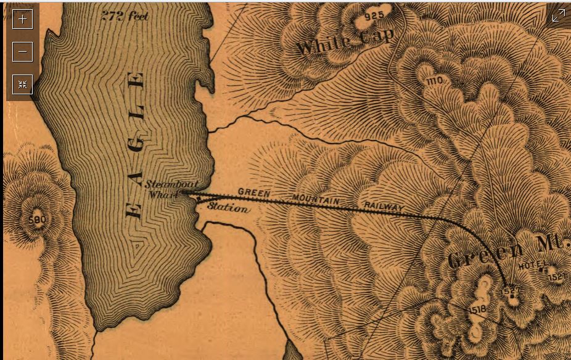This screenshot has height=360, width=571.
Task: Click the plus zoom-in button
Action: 23,18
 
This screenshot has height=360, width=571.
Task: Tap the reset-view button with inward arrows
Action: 23,84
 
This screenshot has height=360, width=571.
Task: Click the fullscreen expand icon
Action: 558,16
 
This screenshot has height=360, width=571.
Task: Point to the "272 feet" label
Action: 125,17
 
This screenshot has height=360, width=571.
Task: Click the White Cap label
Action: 345,42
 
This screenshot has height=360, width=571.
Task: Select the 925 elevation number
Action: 374,15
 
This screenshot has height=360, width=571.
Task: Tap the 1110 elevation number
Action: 434,80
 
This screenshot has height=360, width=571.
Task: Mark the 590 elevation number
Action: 38,219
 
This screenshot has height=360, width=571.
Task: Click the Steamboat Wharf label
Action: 163,189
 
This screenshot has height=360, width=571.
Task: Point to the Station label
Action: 228,208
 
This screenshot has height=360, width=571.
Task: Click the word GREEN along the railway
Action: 254,193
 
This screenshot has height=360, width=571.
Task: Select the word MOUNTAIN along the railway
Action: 316,200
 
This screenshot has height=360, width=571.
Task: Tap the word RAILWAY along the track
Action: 383,206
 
